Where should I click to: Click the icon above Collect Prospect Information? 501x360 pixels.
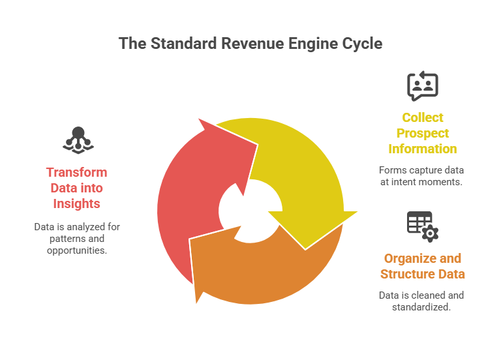point(422,86)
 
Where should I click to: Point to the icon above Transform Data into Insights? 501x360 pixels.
point(76,139)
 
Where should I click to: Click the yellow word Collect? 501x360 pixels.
point(422,117)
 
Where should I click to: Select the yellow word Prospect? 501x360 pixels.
point(422,133)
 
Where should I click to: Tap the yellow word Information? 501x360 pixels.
point(422,149)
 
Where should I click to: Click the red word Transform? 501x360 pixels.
point(76,173)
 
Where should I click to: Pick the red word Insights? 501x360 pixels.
point(76,204)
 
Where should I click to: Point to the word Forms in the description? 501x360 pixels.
point(391,170)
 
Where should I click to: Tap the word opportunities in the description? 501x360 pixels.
point(76,250)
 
